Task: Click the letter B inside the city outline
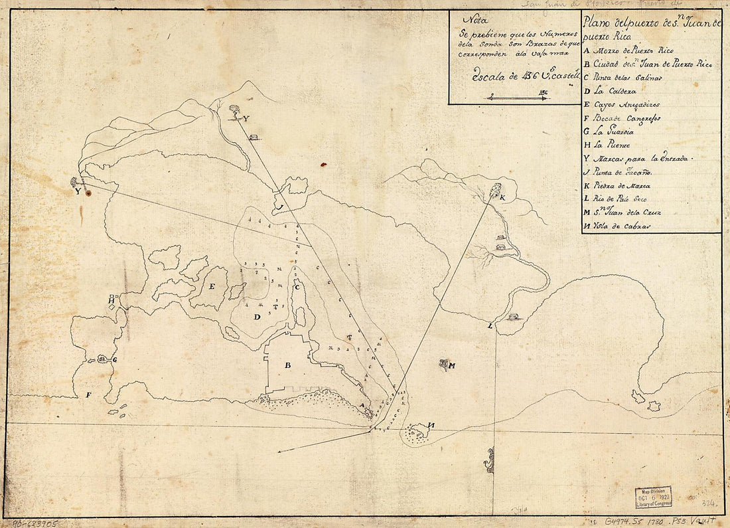[x=288, y=365]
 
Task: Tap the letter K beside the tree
[x=502, y=198]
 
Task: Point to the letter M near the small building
[x=451, y=365]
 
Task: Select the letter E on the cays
[x=212, y=287]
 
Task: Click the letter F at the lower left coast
[x=88, y=395]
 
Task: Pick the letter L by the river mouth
[x=490, y=326]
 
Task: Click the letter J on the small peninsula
[x=280, y=207]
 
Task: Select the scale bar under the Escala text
[x=517, y=98]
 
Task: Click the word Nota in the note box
[x=473, y=20]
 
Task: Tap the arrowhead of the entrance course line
[x=281, y=452]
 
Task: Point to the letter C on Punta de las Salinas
[x=298, y=287]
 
